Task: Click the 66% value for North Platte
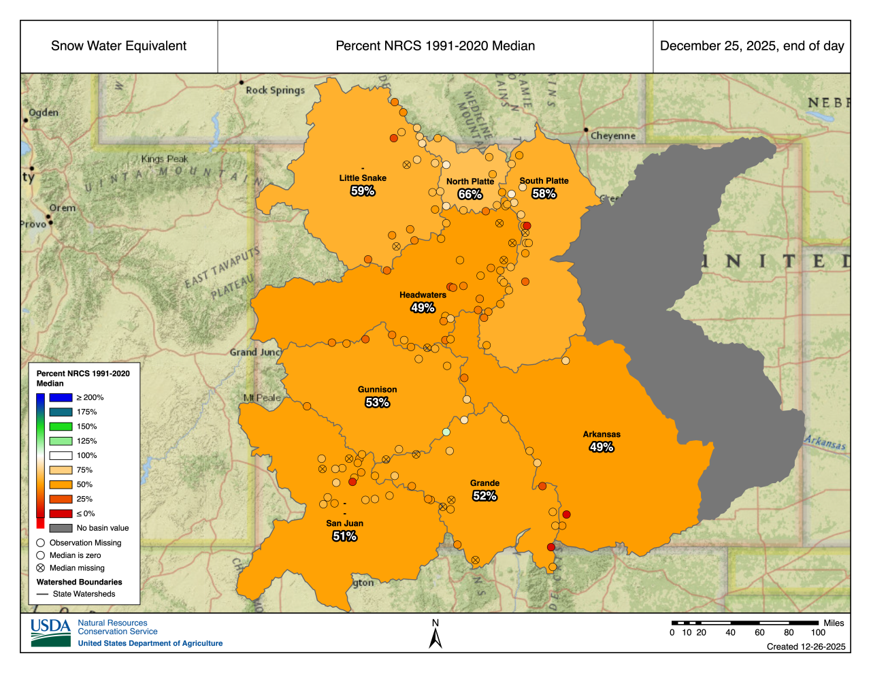point(470,195)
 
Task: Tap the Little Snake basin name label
point(363,178)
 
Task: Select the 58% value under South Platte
point(544,194)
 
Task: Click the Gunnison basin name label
point(377,390)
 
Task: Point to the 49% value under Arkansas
point(602,447)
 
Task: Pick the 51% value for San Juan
point(344,536)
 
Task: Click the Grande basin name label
point(484,483)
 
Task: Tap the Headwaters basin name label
point(423,295)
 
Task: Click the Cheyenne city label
point(612,135)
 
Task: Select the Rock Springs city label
point(275,90)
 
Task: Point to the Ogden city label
point(44,112)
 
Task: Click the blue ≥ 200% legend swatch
point(61,397)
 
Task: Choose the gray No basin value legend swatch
point(61,528)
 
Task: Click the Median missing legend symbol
point(41,568)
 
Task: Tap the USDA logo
point(50,632)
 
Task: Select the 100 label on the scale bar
point(818,632)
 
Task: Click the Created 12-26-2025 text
point(806,646)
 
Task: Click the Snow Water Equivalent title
point(118,46)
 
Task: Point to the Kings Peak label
point(165,159)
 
